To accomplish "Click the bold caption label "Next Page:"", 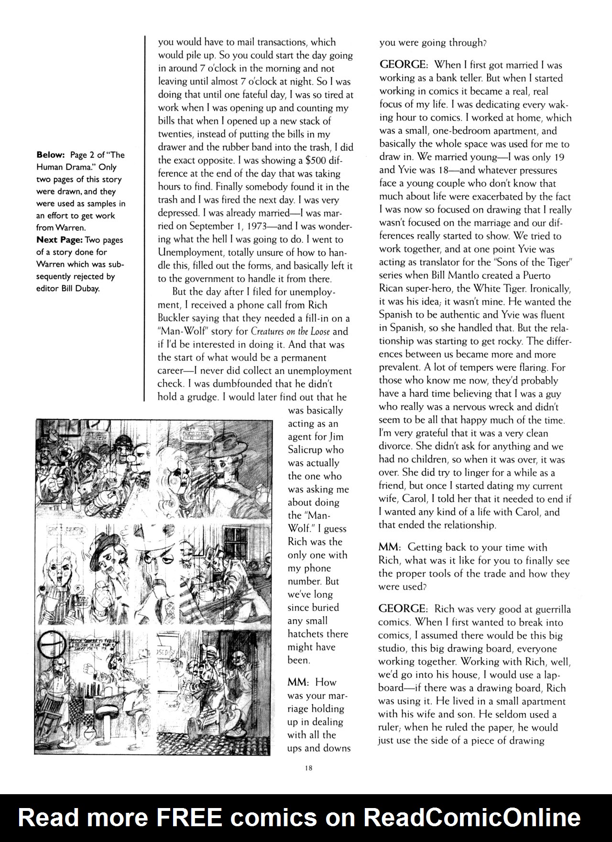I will click(x=58, y=240).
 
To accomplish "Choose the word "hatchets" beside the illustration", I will click(x=307, y=634).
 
